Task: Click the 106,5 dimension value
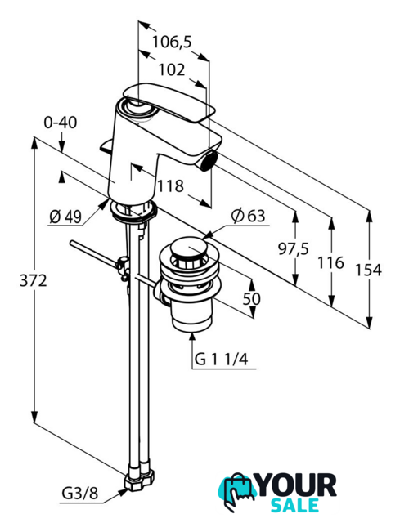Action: (172, 42)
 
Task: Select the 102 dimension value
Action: (172, 70)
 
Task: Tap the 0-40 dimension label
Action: (61, 123)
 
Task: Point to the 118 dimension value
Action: (170, 186)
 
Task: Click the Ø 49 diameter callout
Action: (65, 217)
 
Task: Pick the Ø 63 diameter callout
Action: (249, 216)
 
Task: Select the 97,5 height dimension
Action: (294, 248)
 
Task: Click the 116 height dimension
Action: (330, 263)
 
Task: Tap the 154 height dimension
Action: (368, 270)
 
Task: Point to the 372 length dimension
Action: (33, 281)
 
